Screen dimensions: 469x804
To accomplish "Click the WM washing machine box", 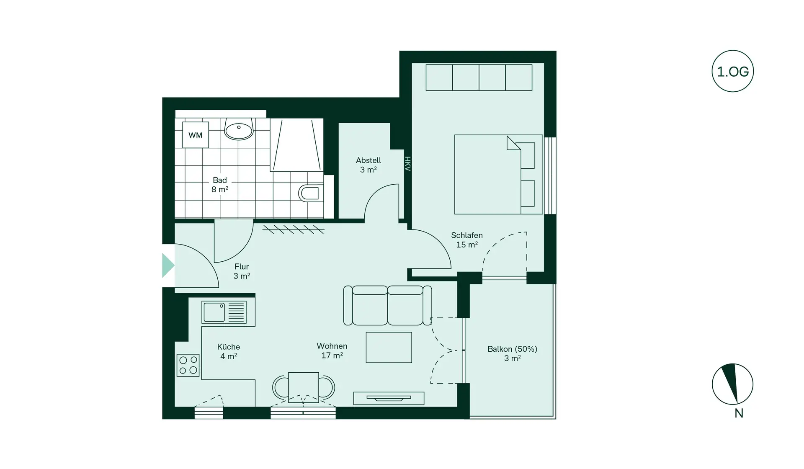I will [x=196, y=135].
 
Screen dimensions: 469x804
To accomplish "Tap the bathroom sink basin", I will [x=239, y=129].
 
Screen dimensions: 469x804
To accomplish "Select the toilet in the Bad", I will [x=310, y=193].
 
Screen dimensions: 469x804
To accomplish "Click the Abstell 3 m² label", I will [x=368, y=165].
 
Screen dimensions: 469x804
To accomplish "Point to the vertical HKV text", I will [x=407, y=164].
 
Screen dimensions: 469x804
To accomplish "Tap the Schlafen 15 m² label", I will [x=466, y=240].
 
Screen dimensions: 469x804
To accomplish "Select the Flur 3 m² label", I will [x=242, y=271].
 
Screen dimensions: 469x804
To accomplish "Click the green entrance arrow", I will [x=168, y=265].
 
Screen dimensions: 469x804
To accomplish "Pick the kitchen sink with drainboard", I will [x=224, y=312].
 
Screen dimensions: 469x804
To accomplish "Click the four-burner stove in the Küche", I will [x=188, y=365].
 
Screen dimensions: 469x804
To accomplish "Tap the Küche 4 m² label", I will [x=229, y=351].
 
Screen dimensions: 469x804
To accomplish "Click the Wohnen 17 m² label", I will [x=332, y=350].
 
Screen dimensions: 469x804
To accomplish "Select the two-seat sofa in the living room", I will [x=387, y=306].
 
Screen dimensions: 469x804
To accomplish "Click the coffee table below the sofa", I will [x=389, y=347].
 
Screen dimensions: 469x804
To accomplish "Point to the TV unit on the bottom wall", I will [x=389, y=398].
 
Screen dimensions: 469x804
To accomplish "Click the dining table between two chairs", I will [x=304, y=387].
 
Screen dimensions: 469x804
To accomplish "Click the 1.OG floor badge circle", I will [x=733, y=72].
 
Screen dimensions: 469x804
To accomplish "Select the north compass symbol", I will [x=732, y=384].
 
